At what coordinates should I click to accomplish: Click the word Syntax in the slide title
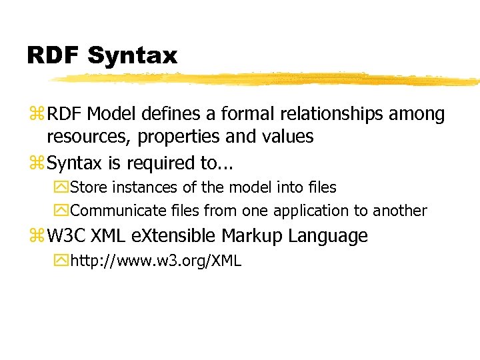(x=132, y=55)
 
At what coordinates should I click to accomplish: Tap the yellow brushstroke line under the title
(x=267, y=79)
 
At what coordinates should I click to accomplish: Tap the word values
(x=286, y=137)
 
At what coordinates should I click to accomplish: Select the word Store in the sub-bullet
(x=88, y=188)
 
